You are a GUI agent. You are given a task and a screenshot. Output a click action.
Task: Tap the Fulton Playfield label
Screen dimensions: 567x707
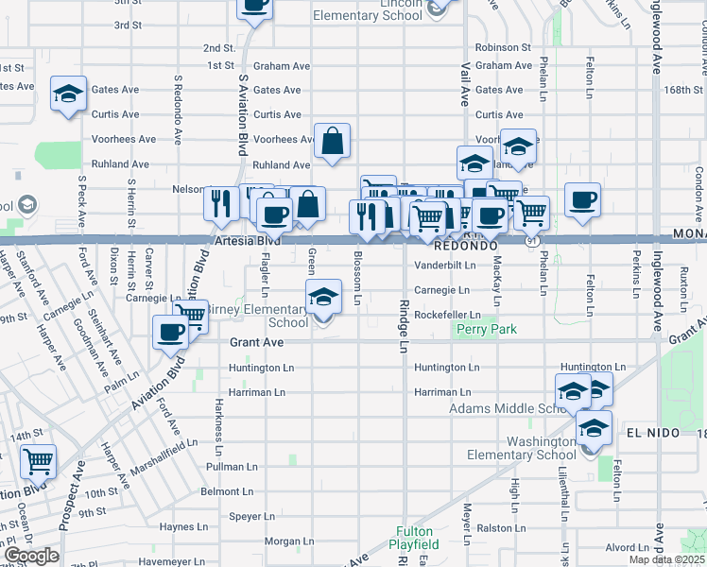pyautogui.click(x=415, y=538)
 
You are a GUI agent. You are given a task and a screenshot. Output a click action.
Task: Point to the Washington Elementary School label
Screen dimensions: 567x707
pyautogui.click(x=521, y=447)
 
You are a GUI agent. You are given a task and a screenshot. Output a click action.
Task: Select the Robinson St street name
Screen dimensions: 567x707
pyautogui.click(x=503, y=47)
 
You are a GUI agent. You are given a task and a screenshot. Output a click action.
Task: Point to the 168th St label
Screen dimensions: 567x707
pyautogui.click(x=685, y=91)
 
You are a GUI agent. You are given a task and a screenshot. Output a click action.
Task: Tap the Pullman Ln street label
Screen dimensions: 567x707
pyautogui.click(x=233, y=467)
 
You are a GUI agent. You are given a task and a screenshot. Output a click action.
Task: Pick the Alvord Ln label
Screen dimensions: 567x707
pyautogui.click(x=627, y=547)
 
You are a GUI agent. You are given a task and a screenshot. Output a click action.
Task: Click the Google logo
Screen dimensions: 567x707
pyautogui.click(x=31, y=555)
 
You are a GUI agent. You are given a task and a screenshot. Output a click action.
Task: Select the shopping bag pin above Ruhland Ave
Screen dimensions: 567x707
pyautogui.click(x=332, y=142)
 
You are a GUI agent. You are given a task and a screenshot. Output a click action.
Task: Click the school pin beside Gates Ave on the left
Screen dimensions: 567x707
pyautogui.click(x=68, y=94)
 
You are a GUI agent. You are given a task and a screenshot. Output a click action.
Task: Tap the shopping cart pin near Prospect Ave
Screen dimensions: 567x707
pyautogui.click(x=38, y=462)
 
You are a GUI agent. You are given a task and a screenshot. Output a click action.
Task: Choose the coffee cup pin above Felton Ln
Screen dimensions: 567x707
pyautogui.click(x=582, y=200)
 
